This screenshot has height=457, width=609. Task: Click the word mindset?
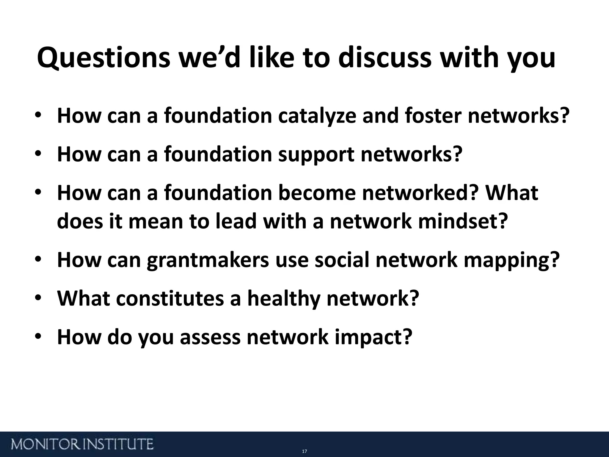[462, 222]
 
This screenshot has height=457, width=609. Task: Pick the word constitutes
[169, 299]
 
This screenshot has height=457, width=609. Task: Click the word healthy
[284, 299]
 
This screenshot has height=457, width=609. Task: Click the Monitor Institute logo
[82, 444]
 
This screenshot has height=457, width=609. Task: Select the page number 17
[304, 452]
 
